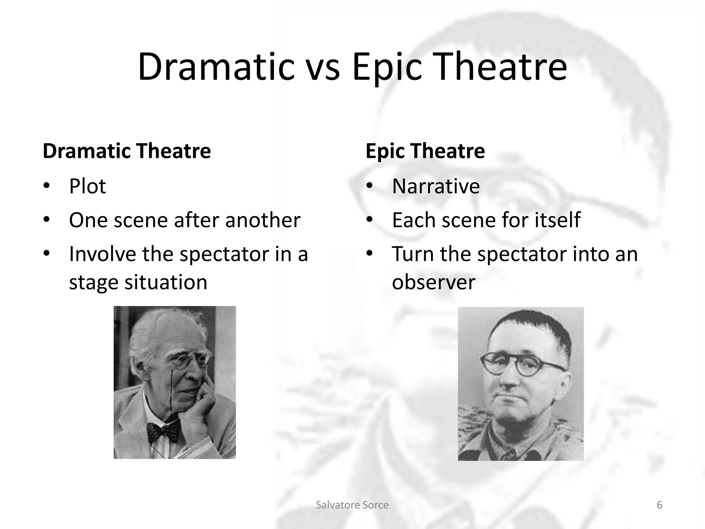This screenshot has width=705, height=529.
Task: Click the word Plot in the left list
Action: click(x=87, y=186)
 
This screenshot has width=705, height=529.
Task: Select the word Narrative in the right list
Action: click(x=436, y=186)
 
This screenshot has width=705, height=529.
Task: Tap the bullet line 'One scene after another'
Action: click(x=185, y=220)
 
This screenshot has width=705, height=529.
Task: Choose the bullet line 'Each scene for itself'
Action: click(x=486, y=220)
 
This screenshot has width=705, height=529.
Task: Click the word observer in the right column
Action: click(x=433, y=282)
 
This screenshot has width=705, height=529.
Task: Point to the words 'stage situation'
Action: click(x=138, y=282)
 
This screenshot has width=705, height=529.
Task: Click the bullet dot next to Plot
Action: click(x=46, y=186)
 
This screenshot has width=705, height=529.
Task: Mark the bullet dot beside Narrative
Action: click(x=369, y=186)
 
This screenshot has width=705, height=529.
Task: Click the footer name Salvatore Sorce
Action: click(x=352, y=505)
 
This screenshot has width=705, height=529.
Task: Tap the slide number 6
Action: click(x=660, y=505)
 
